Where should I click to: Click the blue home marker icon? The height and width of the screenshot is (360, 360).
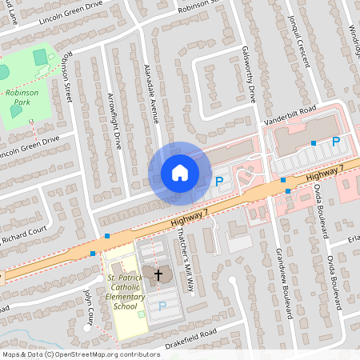tap(180, 172)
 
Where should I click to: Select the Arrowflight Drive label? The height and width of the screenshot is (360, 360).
tap(114, 121)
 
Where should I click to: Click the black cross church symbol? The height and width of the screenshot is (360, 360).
tap(158, 275)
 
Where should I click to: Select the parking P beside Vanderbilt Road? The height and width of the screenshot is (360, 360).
tap(336, 142)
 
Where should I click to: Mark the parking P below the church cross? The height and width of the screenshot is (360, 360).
tap(162, 306)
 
